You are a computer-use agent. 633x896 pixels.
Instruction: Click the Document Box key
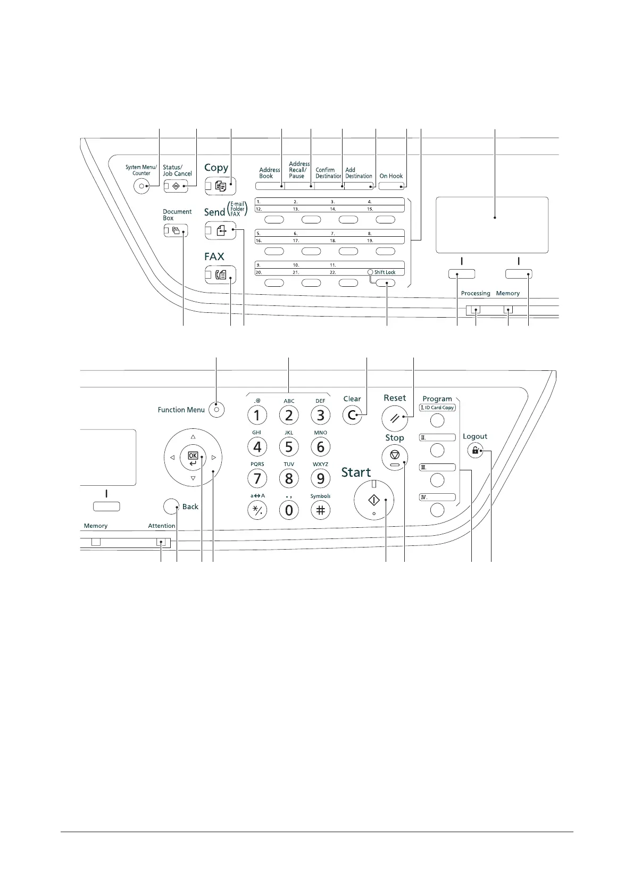tap(176, 231)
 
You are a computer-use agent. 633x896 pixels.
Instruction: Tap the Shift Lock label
tap(385, 272)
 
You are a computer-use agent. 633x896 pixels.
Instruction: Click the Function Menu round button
tap(216, 410)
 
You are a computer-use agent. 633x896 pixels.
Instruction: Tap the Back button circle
tap(171, 507)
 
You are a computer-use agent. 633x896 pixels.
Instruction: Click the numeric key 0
tap(289, 510)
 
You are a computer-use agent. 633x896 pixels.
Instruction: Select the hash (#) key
tap(320, 510)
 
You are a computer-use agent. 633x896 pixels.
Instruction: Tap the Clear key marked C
tap(352, 416)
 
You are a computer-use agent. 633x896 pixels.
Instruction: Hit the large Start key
tap(373, 501)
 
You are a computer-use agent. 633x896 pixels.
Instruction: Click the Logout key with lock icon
tap(474, 451)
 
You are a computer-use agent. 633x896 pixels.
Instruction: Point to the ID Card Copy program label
tap(437, 408)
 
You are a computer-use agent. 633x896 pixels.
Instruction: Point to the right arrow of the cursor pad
tap(213, 457)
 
